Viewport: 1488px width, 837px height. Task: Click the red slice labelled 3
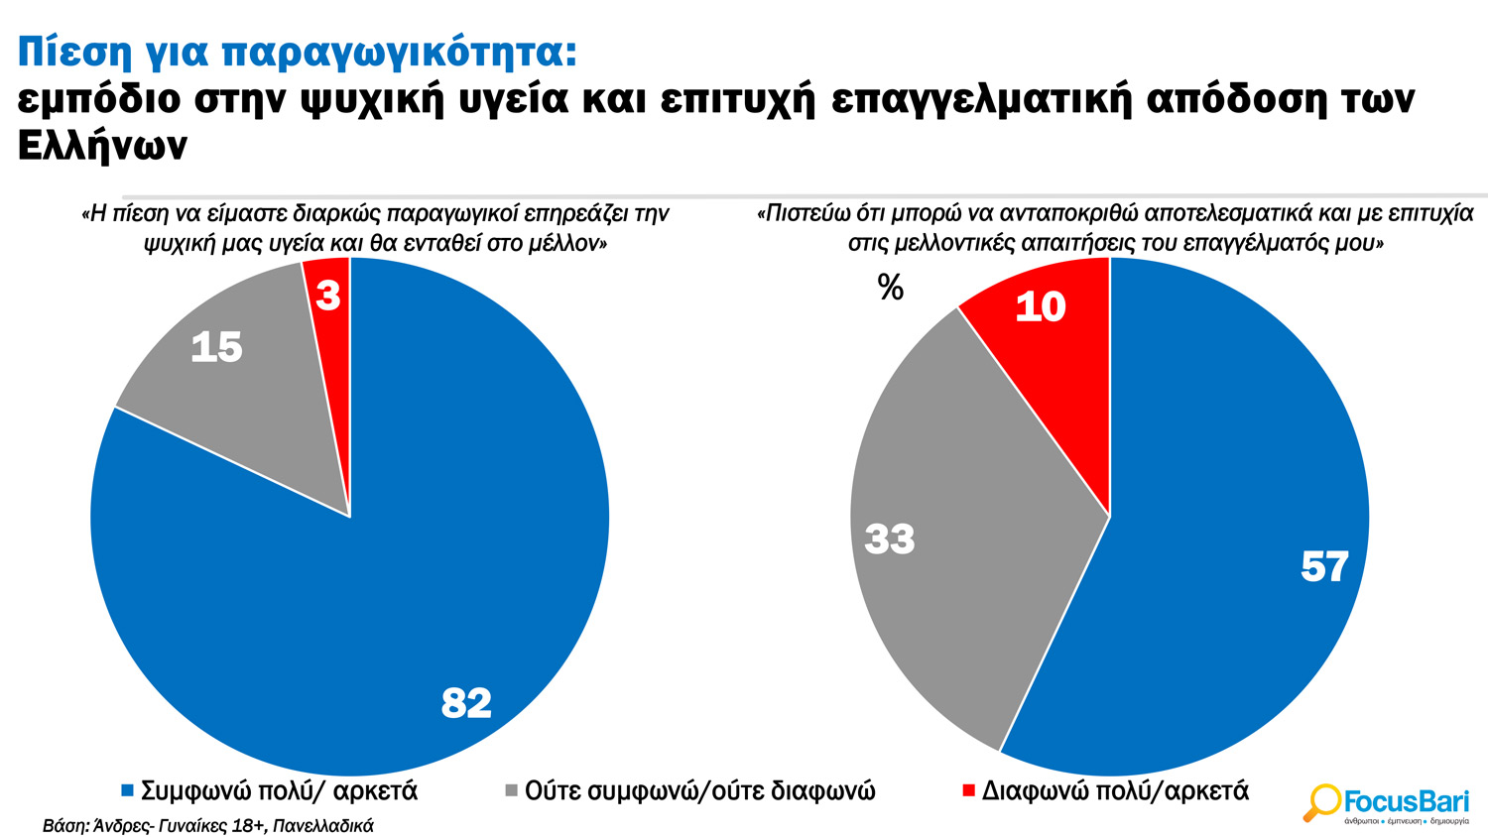pos(329,327)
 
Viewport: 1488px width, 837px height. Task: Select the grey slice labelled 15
pos(248,397)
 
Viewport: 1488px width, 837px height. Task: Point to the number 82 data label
pos(466,703)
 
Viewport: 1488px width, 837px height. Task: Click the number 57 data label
pos(1324,567)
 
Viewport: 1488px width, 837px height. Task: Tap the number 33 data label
pos(890,539)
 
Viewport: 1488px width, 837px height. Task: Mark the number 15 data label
pos(216,347)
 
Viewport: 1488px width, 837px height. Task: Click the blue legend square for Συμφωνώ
pos(127,791)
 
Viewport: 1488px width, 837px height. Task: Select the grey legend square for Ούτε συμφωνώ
pos(511,791)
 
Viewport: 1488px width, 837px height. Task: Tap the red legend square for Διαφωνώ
pos(968,791)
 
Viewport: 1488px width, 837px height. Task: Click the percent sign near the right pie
pos(891,288)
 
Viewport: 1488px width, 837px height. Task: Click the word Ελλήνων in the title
pos(102,146)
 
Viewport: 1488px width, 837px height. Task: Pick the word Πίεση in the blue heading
pos(68,52)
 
